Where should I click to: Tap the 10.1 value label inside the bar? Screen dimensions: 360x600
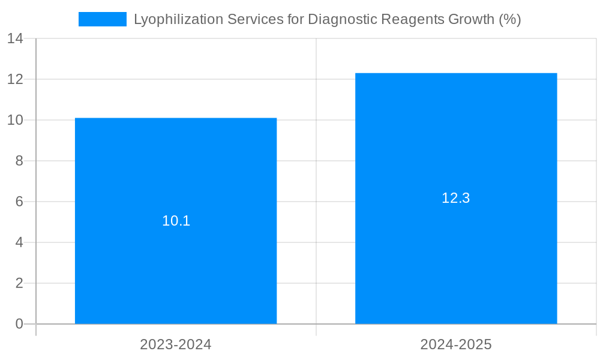point(176,221)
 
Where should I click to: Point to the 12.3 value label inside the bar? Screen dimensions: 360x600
point(456,199)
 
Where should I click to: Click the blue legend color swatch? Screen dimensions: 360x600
point(103,19)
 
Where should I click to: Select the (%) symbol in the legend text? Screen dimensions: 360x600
point(509,19)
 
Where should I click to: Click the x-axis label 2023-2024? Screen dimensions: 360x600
point(176,344)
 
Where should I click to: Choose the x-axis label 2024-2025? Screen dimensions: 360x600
point(456,344)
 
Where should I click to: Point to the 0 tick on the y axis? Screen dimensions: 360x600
point(19,324)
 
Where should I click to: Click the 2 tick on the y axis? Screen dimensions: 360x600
point(19,283)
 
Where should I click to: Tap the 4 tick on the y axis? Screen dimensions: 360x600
point(19,242)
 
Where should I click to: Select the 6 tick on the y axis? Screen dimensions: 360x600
point(19,202)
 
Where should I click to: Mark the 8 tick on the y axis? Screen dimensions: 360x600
point(19,161)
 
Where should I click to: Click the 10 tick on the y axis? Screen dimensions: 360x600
point(16,120)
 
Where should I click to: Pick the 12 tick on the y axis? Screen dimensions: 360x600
point(16,79)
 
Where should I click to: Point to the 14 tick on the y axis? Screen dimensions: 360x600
point(16,39)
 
